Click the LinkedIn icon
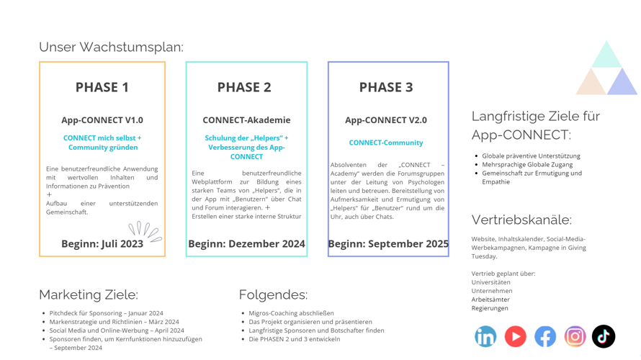point(485,336)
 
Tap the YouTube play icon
point(515,336)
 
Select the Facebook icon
point(545,336)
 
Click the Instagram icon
point(575,336)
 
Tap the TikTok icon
point(604,336)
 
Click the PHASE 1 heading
point(102,87)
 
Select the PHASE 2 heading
point(244,87)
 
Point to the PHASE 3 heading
point(386,87)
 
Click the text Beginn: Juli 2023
point(102,243)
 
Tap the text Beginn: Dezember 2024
point(246,243)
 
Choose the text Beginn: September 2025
point(388,243)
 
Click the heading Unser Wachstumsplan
point(111,47)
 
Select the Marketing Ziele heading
point(88,294)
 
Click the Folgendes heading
point(273,294)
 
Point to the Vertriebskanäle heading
point(521,220)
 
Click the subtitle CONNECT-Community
point(386,143)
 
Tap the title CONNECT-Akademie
point(246,120)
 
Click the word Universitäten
point(490,282)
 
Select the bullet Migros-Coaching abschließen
point(291,313)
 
